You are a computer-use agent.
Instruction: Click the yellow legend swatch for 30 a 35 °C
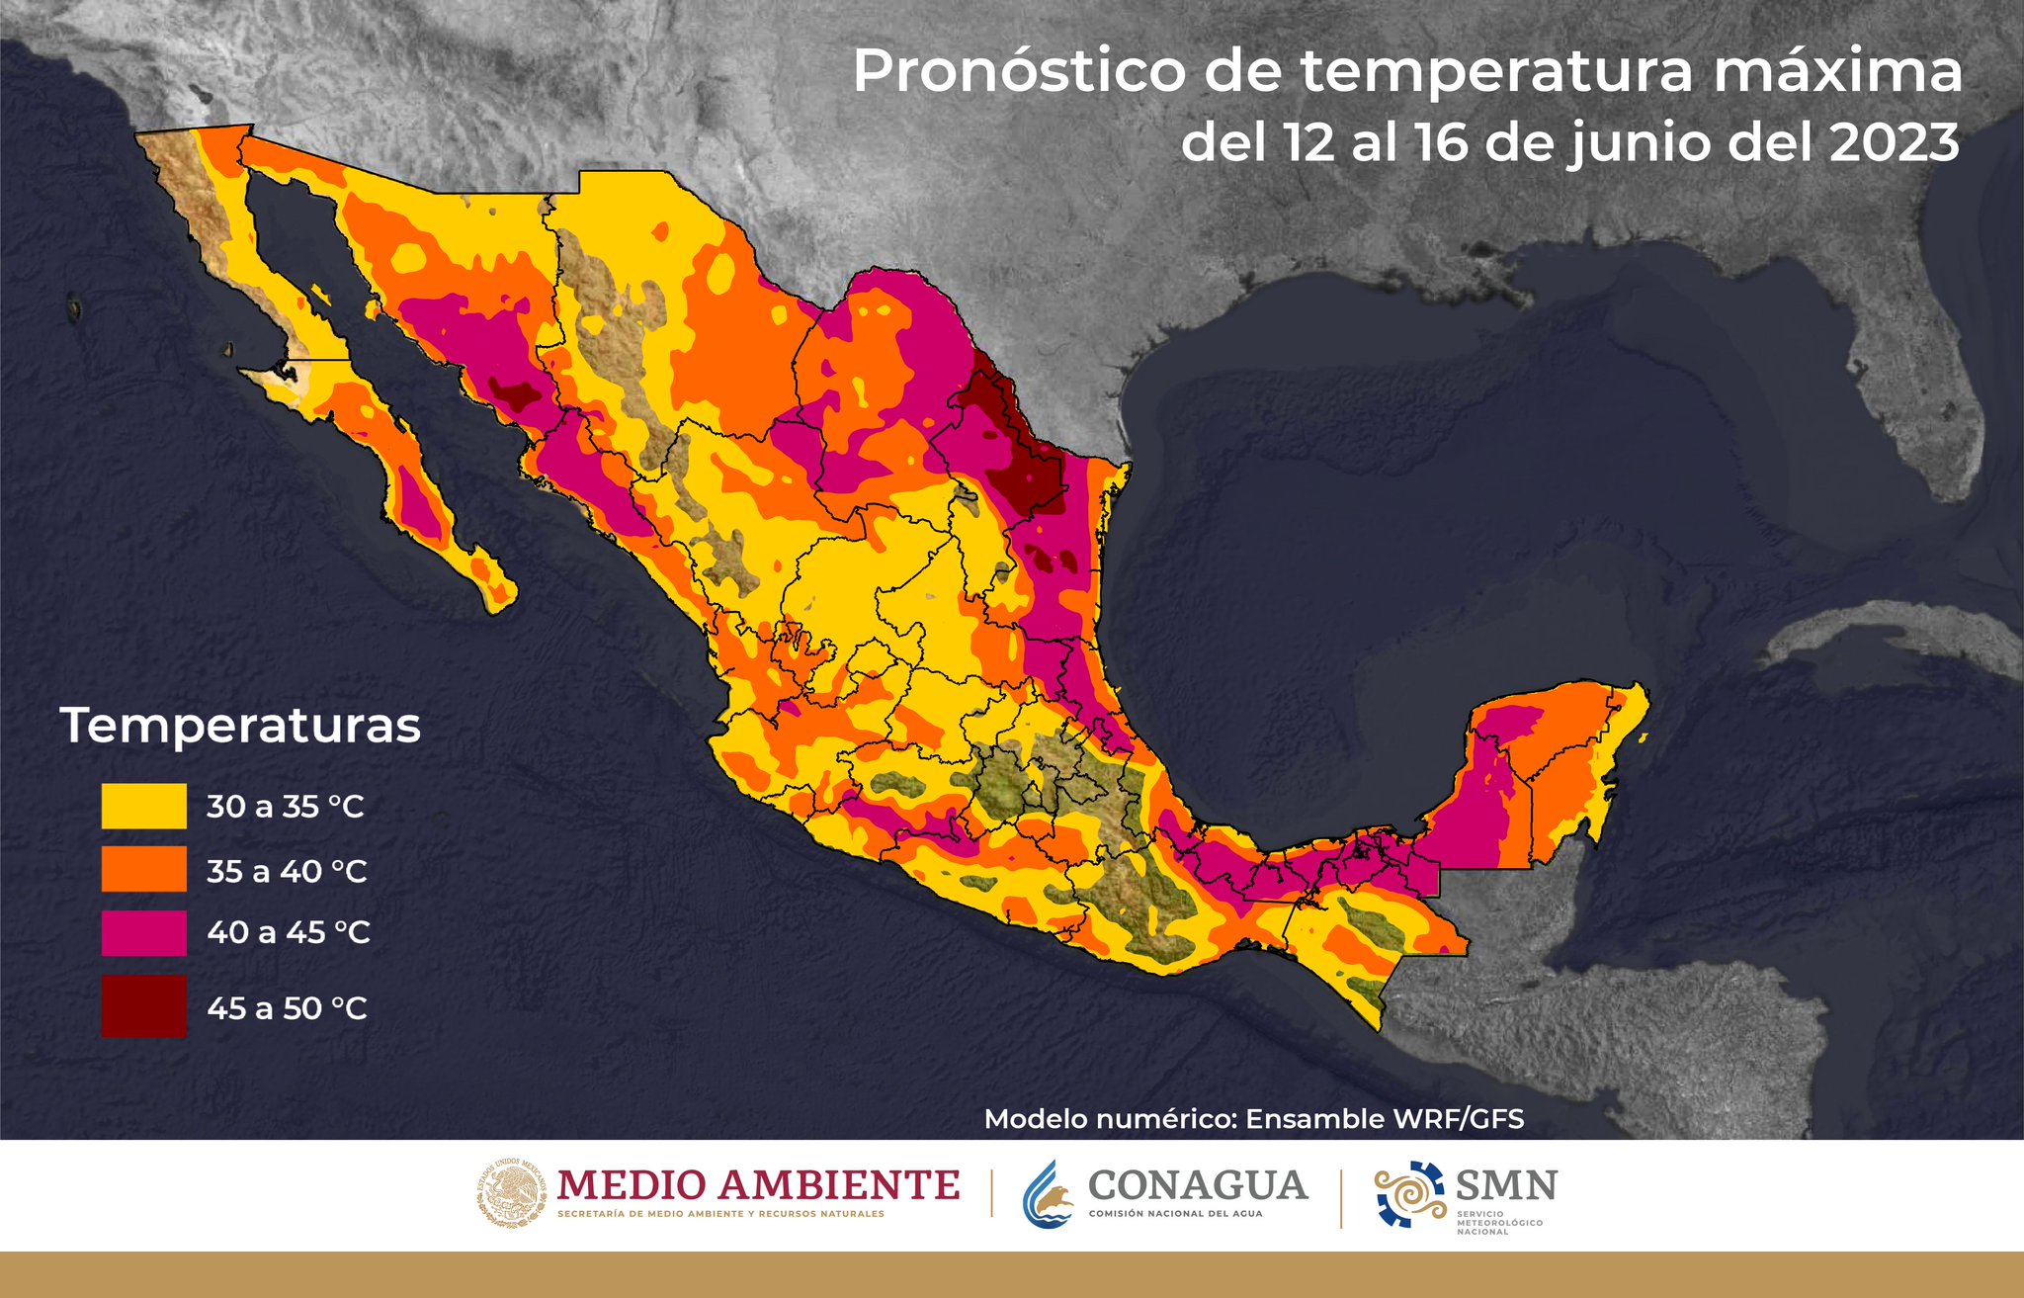(x=143, y=806)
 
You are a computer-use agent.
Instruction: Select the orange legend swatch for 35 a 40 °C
(x=143, y=869)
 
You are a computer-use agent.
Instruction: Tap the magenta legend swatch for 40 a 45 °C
(x=143, y=932)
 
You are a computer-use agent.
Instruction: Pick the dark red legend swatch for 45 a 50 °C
(x=143, y=1006)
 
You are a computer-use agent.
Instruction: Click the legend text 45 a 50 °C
(x=287, y=1008)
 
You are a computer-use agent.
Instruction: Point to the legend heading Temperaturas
(x=240, y=726)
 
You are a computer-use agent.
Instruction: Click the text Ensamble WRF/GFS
(x=1384, y=1119)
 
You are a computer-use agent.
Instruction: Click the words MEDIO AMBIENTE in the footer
(x=758, y=1184)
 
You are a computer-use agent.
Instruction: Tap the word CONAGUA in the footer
(x=1198, y=1184)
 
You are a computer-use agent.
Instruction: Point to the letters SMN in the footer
(x=1506, y=1183)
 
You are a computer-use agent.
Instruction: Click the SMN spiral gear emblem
(x=1410, y=1193)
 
